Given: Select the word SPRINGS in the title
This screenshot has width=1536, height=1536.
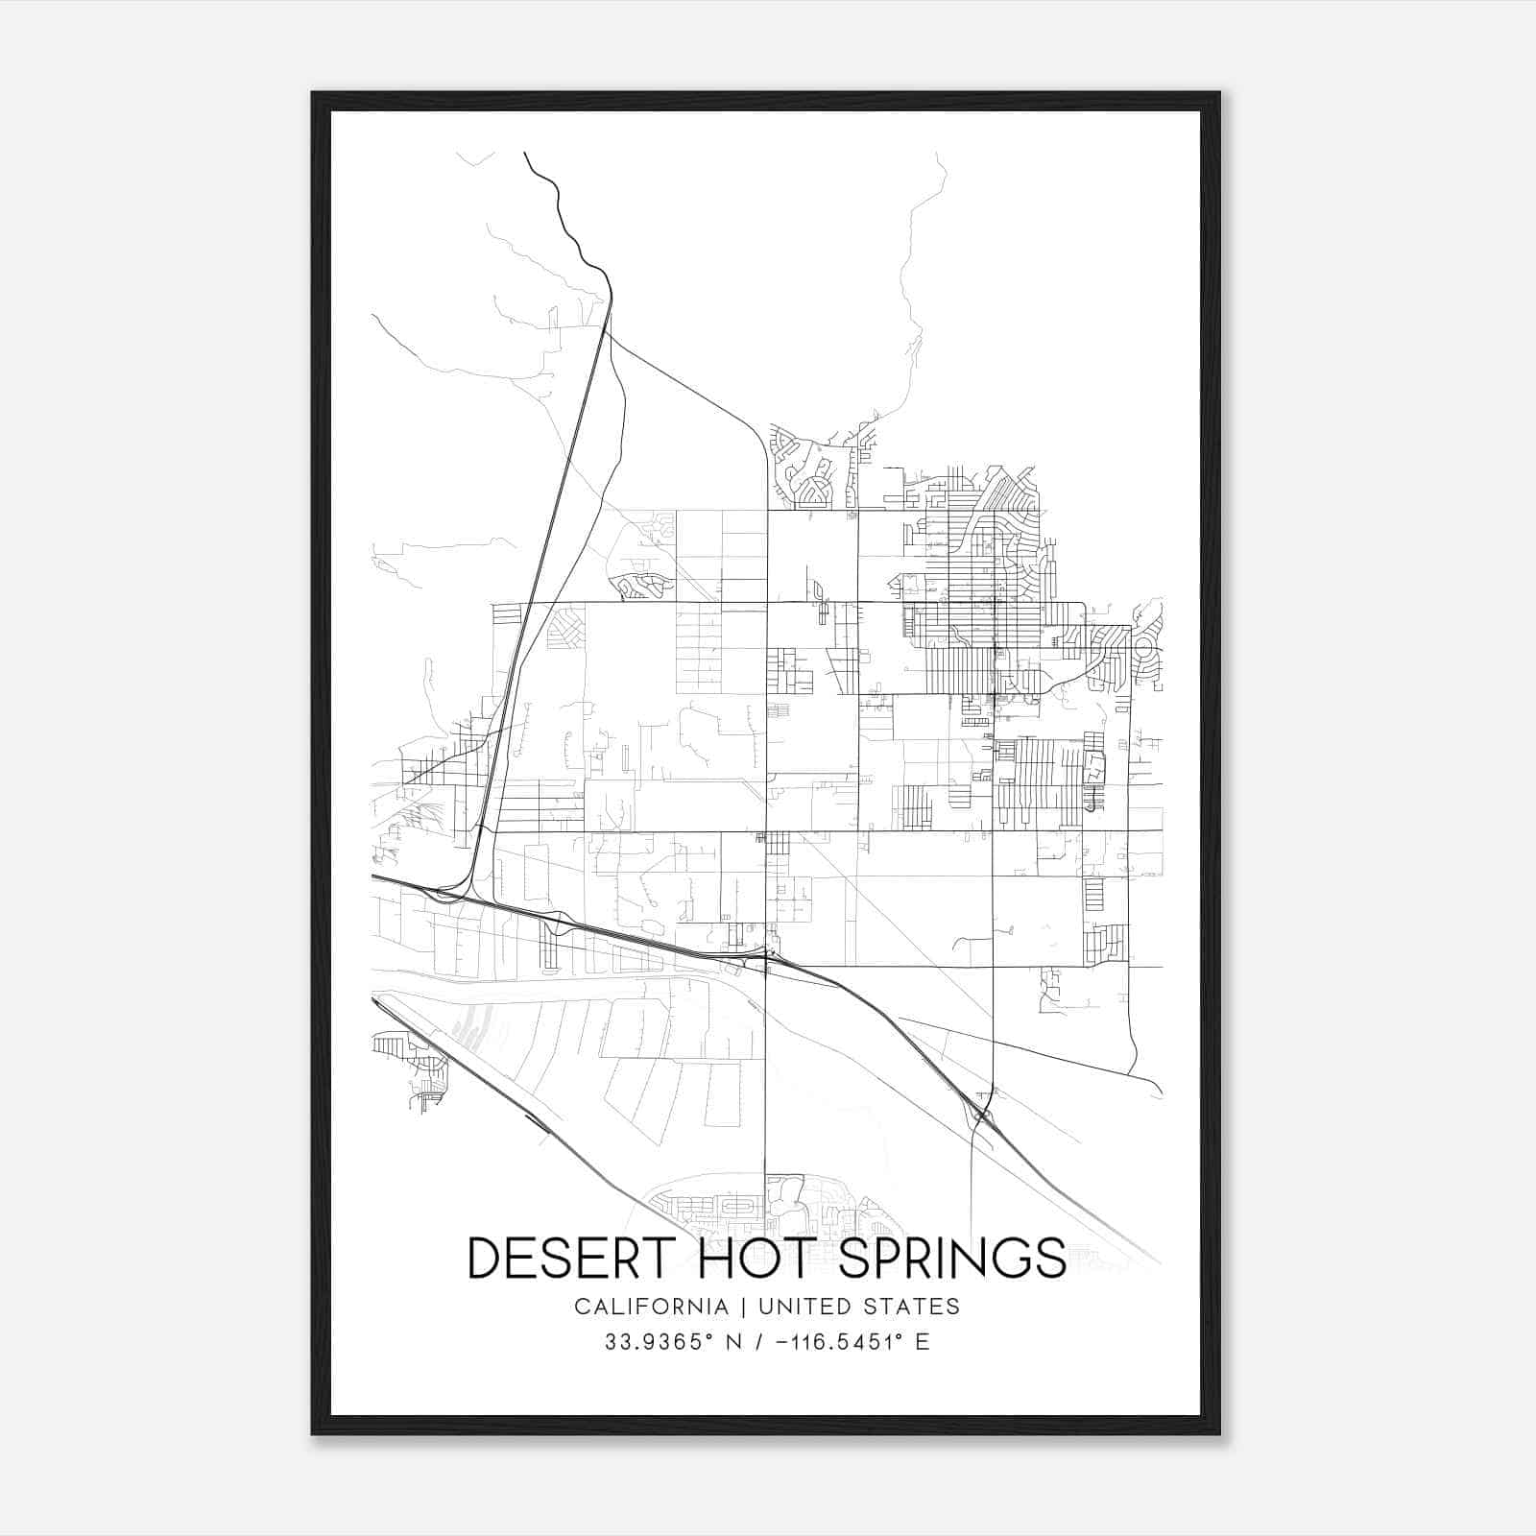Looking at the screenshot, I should pos(952,1258).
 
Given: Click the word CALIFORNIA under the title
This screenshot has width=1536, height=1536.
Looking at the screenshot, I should pos(651,1307).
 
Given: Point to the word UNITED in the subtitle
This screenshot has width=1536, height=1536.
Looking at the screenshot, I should pos(803,1307).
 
